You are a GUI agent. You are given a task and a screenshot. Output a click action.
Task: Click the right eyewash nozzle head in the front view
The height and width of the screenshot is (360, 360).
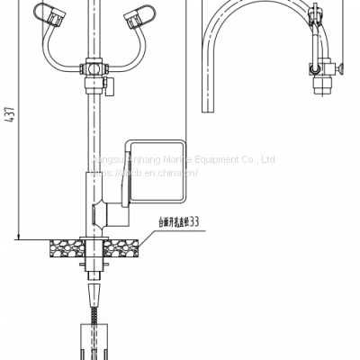point(132,14)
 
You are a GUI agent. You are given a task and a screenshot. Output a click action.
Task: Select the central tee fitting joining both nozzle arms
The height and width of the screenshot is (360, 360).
point(91,69)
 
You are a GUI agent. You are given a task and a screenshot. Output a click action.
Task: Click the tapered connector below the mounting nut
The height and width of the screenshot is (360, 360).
point(94,293)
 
